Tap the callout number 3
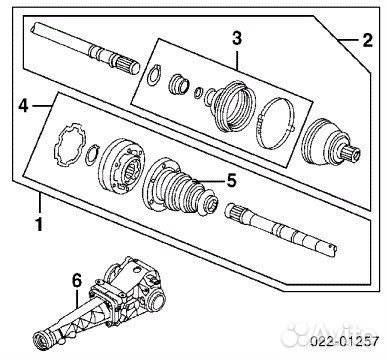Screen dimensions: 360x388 click(x=236, y=39)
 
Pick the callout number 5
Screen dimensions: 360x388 click(x=231, y=181)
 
